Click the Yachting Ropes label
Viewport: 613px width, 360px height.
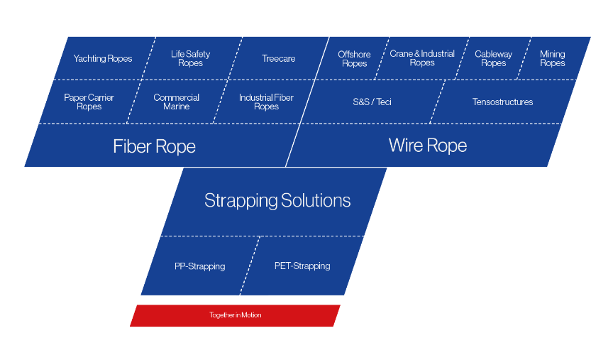tap(103, 59)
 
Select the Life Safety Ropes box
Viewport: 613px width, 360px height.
tap(191, 58)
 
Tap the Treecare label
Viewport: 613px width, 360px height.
tap(278, 59)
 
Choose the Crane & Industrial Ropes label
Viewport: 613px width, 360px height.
tap(422, 58)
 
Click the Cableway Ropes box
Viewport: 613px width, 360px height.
tap(492, 58)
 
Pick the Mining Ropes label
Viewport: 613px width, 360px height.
tap(553, 58)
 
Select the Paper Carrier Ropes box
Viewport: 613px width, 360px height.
tap(89, 102)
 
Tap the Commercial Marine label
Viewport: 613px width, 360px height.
tap(177, 102)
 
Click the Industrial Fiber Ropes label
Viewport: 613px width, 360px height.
tap(266, 102)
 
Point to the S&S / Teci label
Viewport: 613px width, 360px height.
tap(372, 102)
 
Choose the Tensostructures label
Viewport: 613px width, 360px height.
tap(503, 102)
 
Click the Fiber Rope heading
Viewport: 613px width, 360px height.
tap(154, 146)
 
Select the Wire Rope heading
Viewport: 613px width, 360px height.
tap(428, 145)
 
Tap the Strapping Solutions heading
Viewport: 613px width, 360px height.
tap(277, 200)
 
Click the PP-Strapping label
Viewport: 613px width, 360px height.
tap(200, 266)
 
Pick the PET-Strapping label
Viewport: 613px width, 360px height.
tap(302, 266)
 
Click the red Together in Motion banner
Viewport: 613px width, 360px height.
tap(235, 315)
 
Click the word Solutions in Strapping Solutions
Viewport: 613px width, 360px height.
tap(316, 200)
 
